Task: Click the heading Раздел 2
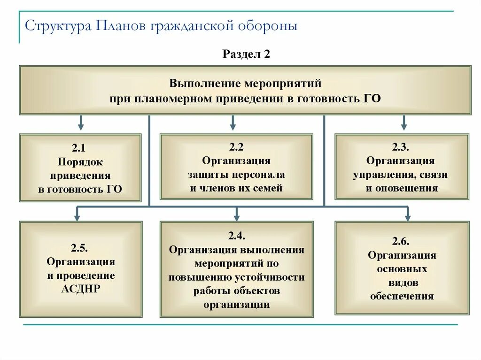pos(246,54)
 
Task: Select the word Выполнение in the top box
pos(204,84)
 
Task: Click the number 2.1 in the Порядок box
pos(78,148)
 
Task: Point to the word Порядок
pos(80,162)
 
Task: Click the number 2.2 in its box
pos(236,147)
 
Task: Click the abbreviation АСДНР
pos(81,289)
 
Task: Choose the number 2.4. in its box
pos(236,236)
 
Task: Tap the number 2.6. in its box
pos(402,242)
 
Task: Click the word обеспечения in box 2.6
pos(402,296)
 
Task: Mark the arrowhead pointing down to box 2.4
pos(237,217)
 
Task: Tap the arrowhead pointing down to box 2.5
pos(78,217)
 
